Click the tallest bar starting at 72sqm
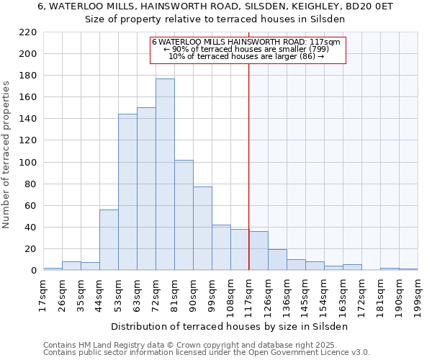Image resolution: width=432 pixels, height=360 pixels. tap(165, 174)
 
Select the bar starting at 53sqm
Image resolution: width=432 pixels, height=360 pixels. tap(127, 192)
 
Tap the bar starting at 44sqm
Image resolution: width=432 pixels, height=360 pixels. tap(109, 240)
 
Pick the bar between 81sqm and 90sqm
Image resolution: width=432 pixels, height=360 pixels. tap(184, 215)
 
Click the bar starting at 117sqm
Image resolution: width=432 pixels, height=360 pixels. tap(258, 251)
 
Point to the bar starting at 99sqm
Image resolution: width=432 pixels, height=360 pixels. tap(221, 248)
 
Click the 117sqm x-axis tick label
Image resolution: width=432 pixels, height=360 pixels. tap(249, 294)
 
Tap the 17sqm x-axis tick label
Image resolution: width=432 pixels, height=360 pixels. tap(43, 294)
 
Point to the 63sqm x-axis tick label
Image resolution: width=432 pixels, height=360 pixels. tap(137, 294)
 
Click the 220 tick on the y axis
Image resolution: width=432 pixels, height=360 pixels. tap(29, 32)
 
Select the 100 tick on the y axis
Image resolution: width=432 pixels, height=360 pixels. tap(29, 163)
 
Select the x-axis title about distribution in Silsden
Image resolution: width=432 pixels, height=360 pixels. tap(230, 326)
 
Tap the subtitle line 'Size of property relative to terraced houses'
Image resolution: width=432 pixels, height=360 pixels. tap(215, 19)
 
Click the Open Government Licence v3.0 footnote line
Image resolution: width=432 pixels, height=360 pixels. tap(207, 352)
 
